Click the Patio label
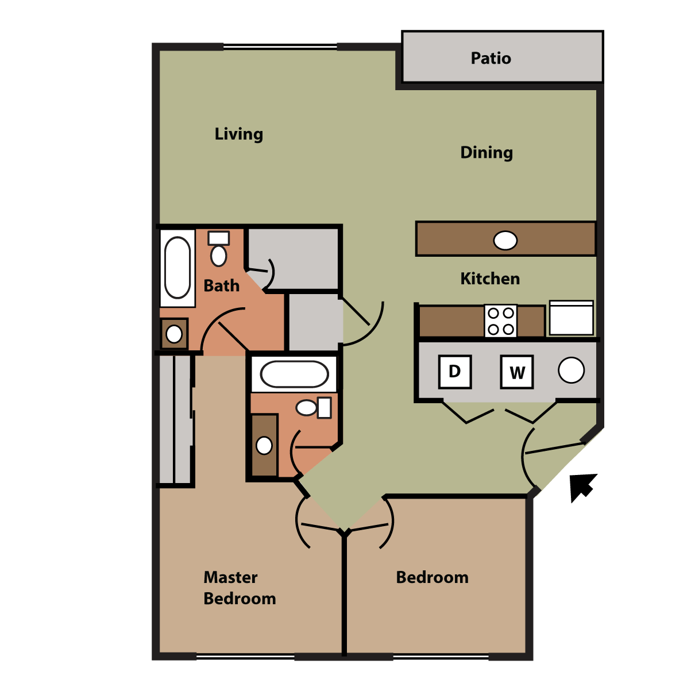(x=491, y=58)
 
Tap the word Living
(x=238, y=134)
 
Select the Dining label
(x=486, y=153)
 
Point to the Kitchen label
(x=490, y=279)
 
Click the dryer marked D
(x=454, y=372)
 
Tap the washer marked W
(x=516, y=372)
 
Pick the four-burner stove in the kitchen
(x=501, y=321)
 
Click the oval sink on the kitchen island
(x=505, y=241)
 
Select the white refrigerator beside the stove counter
(x=571, y=318)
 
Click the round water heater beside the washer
(x=571, y=370)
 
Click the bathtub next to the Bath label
(x=177, y=268)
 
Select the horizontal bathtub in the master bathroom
(x=294, y=374)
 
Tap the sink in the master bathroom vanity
(x=264, y=446)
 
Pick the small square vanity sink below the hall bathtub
(x=174, y=334)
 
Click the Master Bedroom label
(x=240, y=588)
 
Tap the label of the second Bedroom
(x=432, y=577)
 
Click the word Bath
(x=221, y=285)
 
